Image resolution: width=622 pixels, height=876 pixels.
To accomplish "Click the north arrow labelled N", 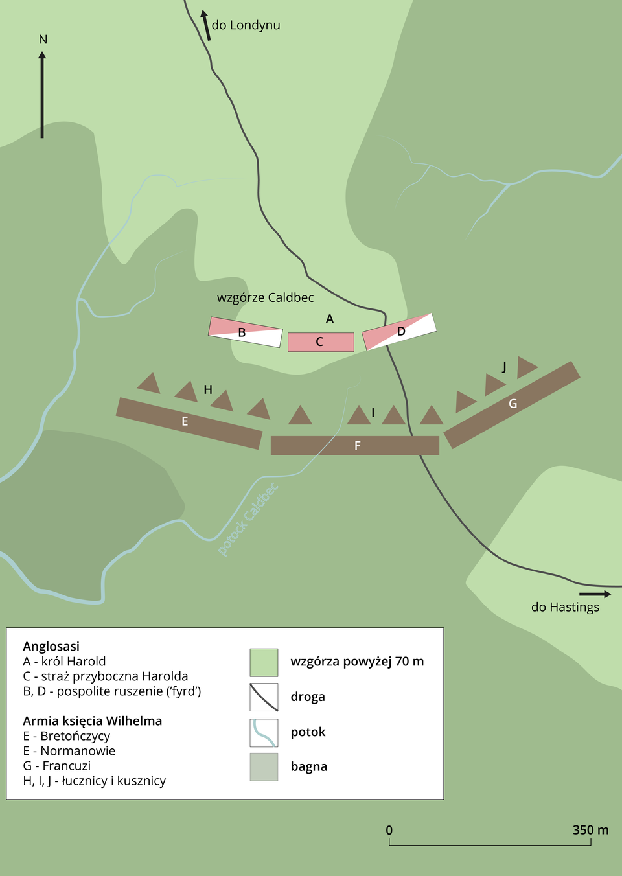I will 42,91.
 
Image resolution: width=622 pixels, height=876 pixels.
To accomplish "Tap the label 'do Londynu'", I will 246,25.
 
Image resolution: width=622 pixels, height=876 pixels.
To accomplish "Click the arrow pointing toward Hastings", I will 595,594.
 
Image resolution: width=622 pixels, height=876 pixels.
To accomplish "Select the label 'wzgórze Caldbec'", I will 265,297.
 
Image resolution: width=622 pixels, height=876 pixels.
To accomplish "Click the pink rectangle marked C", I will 321,342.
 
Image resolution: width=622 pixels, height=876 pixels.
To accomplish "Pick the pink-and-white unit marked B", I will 246,332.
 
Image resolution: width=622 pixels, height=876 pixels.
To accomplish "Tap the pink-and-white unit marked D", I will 399,331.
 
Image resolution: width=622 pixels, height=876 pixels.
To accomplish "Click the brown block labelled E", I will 189,423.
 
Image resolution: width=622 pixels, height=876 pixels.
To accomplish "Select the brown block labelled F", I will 354,445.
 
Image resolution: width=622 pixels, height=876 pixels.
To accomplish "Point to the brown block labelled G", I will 511,404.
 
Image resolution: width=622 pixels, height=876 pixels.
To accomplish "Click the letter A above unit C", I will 330,319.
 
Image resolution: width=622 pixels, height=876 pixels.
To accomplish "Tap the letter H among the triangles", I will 208,389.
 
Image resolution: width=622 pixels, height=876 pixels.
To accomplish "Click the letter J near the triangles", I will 504,367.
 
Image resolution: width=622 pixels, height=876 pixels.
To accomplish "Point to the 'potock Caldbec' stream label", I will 248,519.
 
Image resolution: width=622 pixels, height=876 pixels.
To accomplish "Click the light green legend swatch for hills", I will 264,662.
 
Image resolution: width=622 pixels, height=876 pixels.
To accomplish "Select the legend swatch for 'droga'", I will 264,697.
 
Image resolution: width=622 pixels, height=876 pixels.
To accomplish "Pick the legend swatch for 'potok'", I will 264,733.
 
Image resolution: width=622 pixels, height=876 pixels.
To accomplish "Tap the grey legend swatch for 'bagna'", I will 264,766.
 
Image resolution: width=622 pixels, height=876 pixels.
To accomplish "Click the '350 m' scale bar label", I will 590,830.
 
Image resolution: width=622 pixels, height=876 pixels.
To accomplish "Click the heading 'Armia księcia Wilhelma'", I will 93,720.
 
